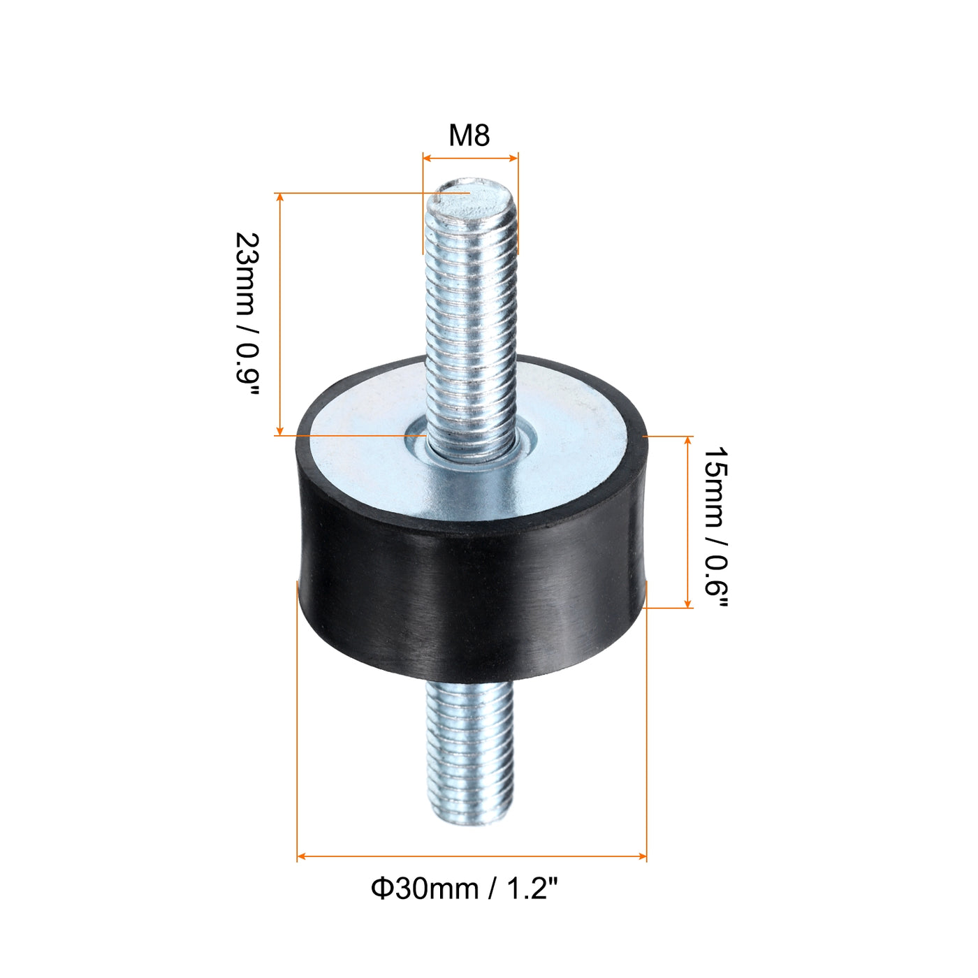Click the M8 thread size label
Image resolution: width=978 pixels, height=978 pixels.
pyautogui.click(x=469, y=136)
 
